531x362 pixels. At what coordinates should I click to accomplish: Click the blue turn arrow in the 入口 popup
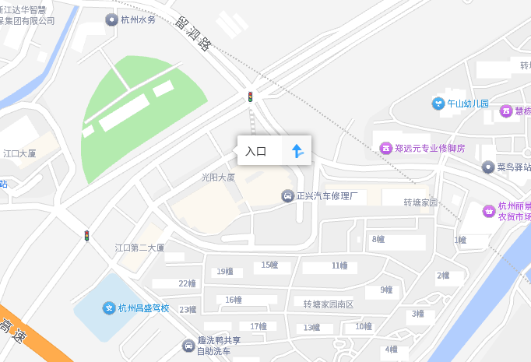point(297,151)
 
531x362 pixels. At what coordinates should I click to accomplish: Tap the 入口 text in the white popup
point(256,151)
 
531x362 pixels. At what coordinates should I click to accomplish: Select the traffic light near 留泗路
point(250,97)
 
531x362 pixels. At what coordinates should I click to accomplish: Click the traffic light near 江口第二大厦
point(86,235)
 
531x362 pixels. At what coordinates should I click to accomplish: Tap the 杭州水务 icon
point(111,19)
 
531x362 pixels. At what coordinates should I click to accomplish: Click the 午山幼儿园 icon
point(438,104)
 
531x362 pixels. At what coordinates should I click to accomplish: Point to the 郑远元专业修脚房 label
point(429,148)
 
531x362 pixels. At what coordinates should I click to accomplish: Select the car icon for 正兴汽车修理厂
point(287,196)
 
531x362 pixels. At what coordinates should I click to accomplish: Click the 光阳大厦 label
point(218,178)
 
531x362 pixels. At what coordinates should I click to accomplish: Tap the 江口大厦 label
point(19,154)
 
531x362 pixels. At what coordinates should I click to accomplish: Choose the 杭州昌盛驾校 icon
point(109,308)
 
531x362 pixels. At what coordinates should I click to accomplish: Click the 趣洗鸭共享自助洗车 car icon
point(188,346)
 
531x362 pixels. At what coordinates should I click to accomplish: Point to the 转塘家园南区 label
point(328,304)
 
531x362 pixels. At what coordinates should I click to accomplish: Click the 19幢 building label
point(225,272)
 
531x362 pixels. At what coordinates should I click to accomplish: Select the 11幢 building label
point(339,265)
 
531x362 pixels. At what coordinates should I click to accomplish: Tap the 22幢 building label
point(187,283)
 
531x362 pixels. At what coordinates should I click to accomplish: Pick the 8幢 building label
point(378,239)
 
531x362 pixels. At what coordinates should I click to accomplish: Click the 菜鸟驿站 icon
point(487,167)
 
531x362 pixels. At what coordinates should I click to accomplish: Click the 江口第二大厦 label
point(140,248)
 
